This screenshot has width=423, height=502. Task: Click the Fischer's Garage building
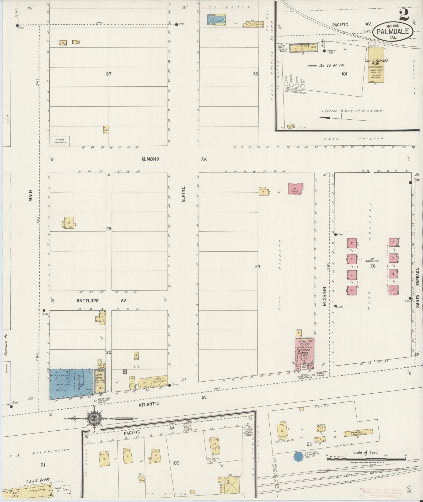pyautogui.click(x=303, y=352)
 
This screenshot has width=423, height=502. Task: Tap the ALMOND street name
pyautogui.click(x=150, y=159)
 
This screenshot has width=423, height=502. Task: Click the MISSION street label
pyautogui.click(x=324, y=297)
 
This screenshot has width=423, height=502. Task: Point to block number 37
pyautogui.click(x=109, y=74)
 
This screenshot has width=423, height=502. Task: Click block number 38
pyautogui.click(x=255, y=74)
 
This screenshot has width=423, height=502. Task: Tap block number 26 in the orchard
pyautogui.click(x=373, y=266)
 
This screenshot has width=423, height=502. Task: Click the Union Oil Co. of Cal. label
pyautogui.click(x=326, y=66)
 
